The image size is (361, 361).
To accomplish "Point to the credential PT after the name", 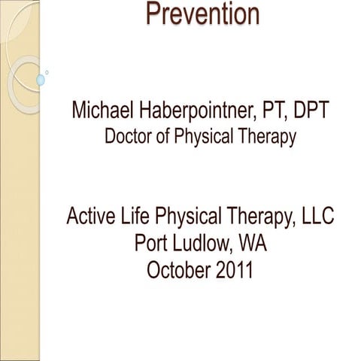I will pos(283,113).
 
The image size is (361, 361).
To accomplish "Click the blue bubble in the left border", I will pos(41,79).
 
